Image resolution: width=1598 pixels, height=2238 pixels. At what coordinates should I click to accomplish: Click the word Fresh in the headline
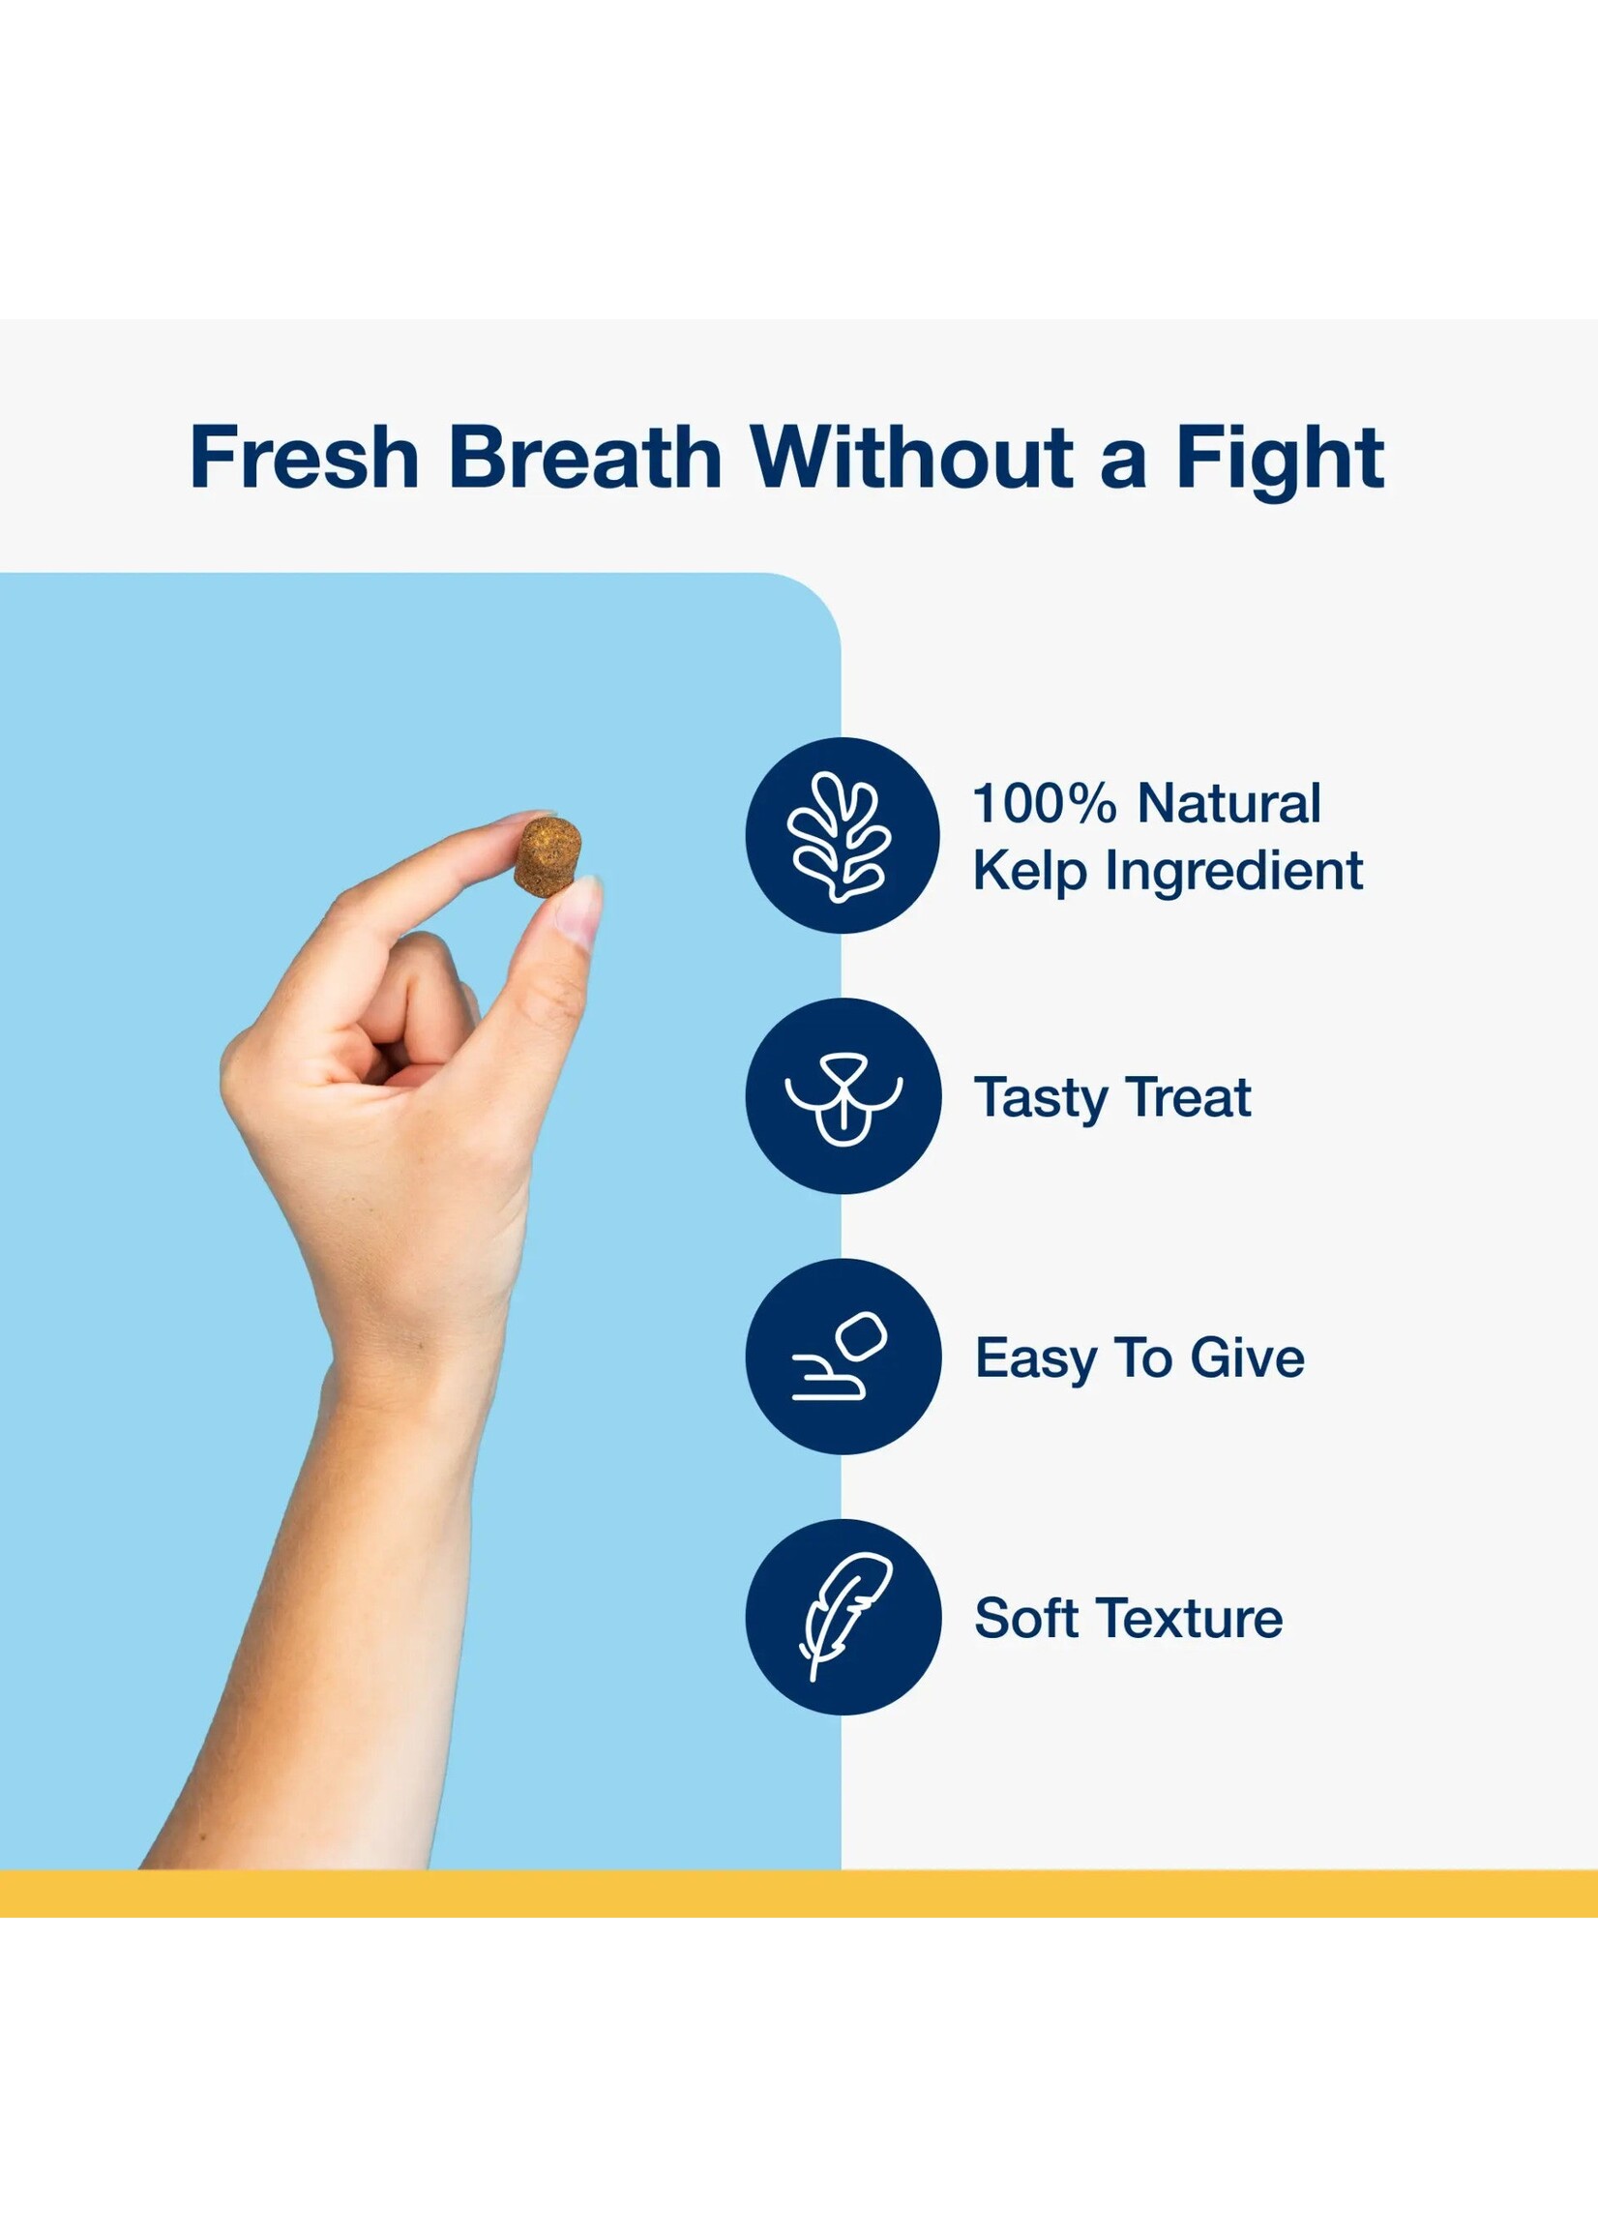(305, 457)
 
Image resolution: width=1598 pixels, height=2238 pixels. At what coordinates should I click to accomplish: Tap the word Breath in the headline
(585, 457)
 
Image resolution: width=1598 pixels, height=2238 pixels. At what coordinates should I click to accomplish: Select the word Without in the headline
(912, 457)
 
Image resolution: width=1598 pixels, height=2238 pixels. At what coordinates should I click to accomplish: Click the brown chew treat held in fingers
(548, 856)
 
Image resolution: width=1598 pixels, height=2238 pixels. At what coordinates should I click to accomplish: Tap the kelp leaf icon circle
(843, 836)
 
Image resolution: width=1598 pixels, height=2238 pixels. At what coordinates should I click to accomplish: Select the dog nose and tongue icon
(843, 1096)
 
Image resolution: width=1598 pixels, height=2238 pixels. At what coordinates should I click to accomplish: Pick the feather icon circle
(843, 1617)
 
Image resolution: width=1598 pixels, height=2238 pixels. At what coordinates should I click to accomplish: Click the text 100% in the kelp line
(1045, 803)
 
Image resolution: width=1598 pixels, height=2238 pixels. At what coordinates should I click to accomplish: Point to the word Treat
(1190, 1096)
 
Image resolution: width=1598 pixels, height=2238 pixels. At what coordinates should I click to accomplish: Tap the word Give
(1248, 1358)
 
